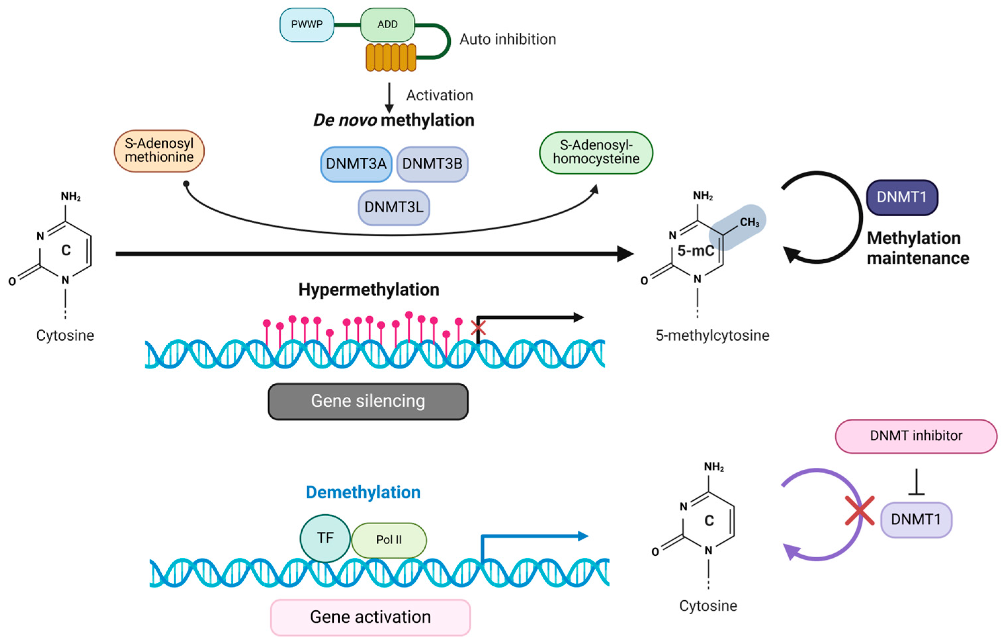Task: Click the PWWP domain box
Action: coord(307,24)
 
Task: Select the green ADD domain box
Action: coord(387,24)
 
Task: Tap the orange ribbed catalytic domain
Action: coord(391,57)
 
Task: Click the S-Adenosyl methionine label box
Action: coord(159,151)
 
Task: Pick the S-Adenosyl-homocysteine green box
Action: coord(596,152)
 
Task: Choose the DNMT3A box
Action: coord(356,164)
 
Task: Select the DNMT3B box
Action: coord(432,164)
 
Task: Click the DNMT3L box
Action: coord(394,207)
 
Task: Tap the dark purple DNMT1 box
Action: coord(902,197)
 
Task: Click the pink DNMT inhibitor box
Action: coord(916,436)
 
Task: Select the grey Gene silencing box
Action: coord(368,401)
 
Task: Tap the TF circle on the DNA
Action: coord(325,538)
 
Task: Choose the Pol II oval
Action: coord(389,540)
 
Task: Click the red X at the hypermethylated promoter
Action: coord(478,328)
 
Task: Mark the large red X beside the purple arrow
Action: coord(859,511)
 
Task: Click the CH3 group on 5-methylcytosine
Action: coord(749,222)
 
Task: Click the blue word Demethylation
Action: coord(363,492)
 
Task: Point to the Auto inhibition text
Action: coord(508,39)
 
